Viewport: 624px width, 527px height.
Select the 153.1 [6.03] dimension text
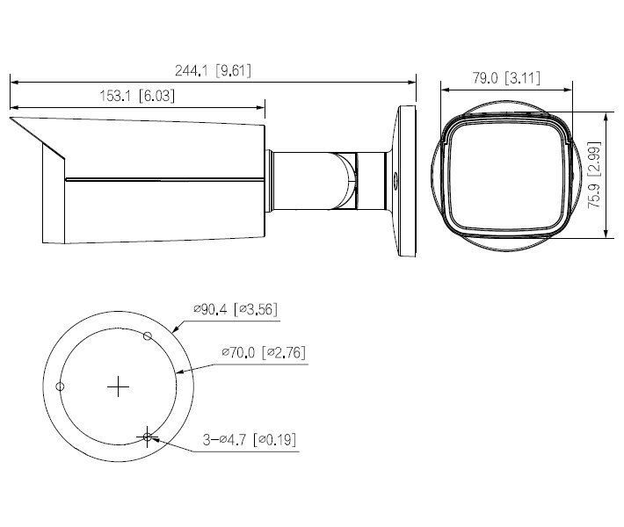(135, 97)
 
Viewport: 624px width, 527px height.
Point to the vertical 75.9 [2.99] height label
(595, 174)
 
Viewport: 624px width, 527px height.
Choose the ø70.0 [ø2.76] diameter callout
(263, 352)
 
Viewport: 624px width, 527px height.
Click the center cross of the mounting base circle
(118, 386)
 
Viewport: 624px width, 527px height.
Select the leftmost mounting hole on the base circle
(60, 386)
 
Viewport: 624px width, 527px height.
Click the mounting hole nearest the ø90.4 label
(148, 336)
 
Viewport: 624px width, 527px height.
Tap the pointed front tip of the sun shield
(11, 118)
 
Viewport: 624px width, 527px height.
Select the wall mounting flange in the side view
(407, 182)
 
